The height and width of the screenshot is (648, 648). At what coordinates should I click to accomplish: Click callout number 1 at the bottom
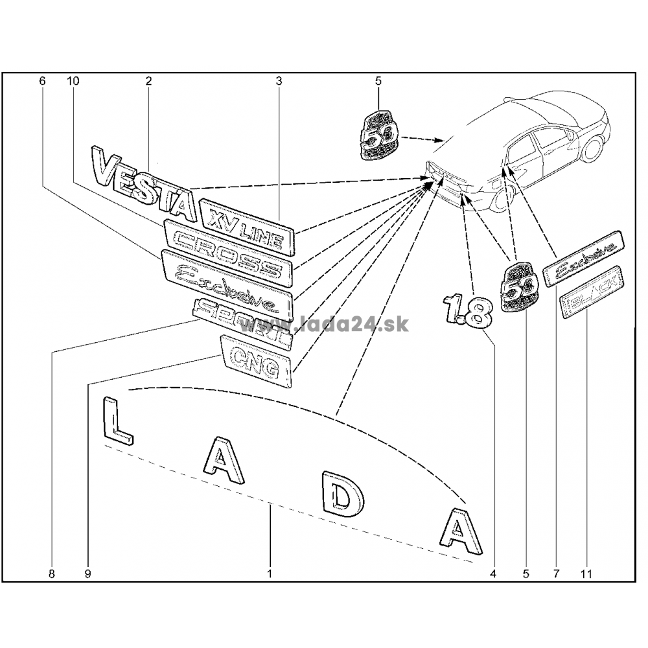pyautogui.click(x=269, y=573)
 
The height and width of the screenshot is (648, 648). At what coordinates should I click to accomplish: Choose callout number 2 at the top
pyautogui.click(x=148, y=81)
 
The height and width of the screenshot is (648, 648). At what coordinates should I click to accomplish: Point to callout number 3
pyautogui.click(x=279, y=81)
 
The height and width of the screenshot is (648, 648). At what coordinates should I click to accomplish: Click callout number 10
pyautogui.click(x=73, y=81)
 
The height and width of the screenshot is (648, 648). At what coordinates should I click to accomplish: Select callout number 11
pyautogui.click(x=586, y=573)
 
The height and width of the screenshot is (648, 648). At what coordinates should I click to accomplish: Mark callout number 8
pyautogui.click(x=52, y=573)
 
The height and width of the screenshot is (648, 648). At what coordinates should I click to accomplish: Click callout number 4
pyautogui.click(x=494, y=573)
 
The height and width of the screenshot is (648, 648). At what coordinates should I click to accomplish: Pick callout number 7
pyautogui.click(x=556, y=573)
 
